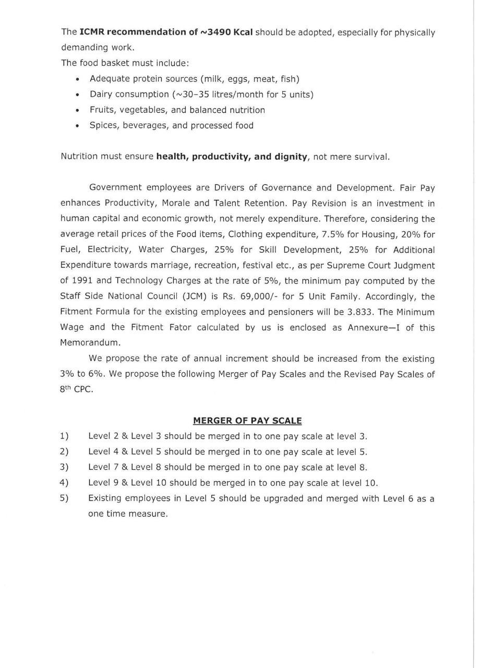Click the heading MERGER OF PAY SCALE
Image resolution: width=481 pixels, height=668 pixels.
(x=247, y=420)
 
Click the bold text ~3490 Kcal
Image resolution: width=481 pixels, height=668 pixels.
(x=226, y=32)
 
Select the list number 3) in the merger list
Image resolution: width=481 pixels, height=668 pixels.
(x=64, y=467)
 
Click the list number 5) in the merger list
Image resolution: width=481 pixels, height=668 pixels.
(x=64, y=498)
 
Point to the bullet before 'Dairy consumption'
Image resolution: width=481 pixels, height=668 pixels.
(x=77, y=95)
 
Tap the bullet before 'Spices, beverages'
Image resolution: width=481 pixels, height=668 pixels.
(x=77, y=126)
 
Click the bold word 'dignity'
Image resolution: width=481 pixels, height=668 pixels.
(x=288, y=157)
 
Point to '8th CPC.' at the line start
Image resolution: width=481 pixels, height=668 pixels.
(x=76, y=390)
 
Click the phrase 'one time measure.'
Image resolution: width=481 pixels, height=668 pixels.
(x=128, y=514)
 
